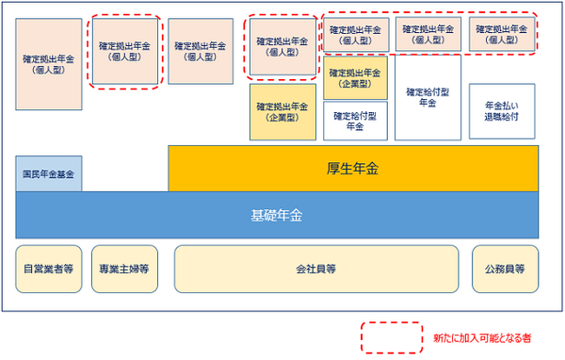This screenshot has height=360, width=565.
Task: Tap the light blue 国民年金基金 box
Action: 49,174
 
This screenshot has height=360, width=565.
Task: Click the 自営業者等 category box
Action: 49,268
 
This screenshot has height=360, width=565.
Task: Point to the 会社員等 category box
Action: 316,268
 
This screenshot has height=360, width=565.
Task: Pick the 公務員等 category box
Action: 507,268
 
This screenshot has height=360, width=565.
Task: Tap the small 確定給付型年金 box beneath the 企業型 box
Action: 356,121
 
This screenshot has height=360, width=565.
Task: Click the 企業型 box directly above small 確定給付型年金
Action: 356,78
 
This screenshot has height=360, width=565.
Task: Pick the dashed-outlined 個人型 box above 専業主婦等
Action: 126,51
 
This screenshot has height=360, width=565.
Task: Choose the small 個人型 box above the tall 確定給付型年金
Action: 427,35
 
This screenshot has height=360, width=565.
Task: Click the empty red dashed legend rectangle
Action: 392,336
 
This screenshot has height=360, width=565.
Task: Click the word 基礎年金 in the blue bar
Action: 276,215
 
